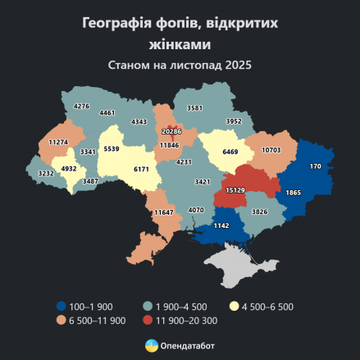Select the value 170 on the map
[316, 166]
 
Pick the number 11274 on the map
[58, 142]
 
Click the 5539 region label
[112, 149]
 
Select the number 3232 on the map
[46, 174]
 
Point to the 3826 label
[259, 212]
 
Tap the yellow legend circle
[235, 306]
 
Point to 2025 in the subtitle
[236, 63]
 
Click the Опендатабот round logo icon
[151, 345]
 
